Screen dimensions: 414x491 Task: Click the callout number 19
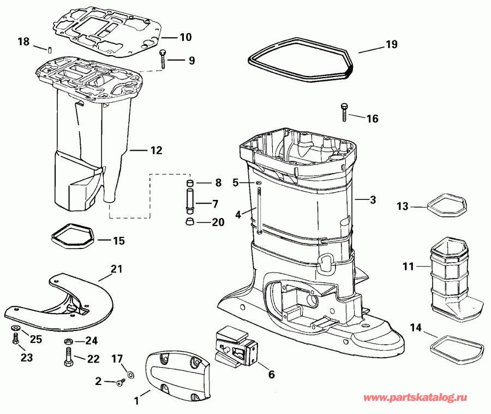tap(392, 44)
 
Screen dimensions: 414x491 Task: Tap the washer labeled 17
tap(131, 375)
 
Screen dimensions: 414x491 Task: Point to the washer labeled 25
tap(15, 328)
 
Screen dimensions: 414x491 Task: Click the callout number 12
tap(156, 150)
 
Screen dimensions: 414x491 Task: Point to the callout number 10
tap(185, 37)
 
